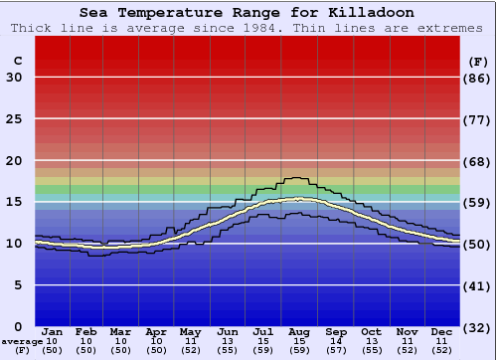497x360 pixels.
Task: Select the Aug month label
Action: [x=299, y=331]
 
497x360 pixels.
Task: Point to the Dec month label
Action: [x=442, y=331]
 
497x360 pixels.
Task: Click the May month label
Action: [x=189, y=331]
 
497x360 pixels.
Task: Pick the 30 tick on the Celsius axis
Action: [x=15, y=78]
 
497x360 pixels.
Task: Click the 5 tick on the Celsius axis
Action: [x=18, y=285]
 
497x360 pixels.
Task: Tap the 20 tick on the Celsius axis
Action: [x=15, y=161]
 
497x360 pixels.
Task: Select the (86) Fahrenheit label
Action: [x=479, y=78]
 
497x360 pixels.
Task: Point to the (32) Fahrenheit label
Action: [x=479, y=327]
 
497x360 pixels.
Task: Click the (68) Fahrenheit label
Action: [x=479, y=161]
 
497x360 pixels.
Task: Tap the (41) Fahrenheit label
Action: [x=479, y=285]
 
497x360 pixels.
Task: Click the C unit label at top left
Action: [x=17, y=61]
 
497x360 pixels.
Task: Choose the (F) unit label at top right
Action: [x=478, y=61]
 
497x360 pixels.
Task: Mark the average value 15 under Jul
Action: [x=263, y=341]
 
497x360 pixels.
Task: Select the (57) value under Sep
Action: [x=335, y=350]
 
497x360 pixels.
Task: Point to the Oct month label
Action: [x=371, y=331]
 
